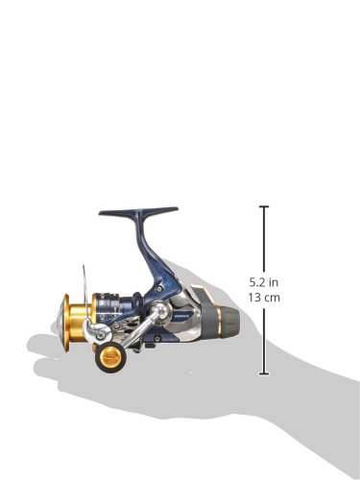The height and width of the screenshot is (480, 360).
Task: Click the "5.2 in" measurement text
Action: [264, 282]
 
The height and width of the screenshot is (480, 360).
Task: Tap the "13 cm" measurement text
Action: [264, 298]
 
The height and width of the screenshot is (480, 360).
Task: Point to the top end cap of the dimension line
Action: [264, 207]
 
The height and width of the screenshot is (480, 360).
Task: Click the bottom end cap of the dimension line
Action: [264, 373]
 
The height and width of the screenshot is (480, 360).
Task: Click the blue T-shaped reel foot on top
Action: [138, 211]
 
